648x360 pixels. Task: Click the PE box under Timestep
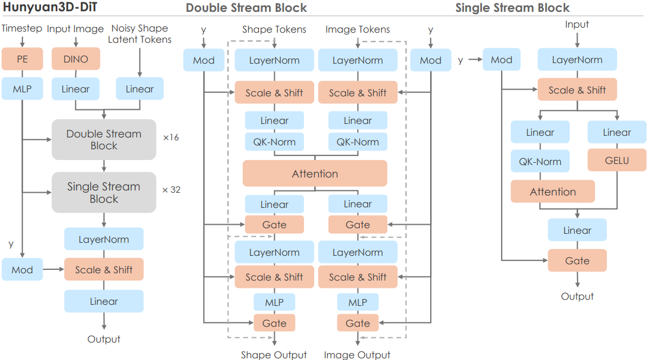click(x=23, y=59)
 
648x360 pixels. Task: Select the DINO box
click(x=75, y=59)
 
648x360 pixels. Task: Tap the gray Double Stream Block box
click(x=104, y=140)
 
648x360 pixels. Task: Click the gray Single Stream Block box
click(x=104, y=193)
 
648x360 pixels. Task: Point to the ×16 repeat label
click(x=171, y=137)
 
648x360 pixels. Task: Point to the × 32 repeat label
click(x=171, y=190)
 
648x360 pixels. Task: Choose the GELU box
click(x=616, y=161)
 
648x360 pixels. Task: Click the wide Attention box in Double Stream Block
click(x=315, y=174)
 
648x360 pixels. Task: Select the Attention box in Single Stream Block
click(x=552, y=192)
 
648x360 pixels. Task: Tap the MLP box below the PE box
click(x=23, y=88)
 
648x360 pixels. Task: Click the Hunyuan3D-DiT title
click(x=50, y=7)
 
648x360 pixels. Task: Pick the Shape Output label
click(x=274, y=354)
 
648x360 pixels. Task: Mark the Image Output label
click(x=357, y=354)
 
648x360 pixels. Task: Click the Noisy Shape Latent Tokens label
click(x=140, y=34)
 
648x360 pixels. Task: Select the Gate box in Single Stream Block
click(x=577, y=260)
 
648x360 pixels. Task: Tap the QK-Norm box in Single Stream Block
click(x=540, y=161)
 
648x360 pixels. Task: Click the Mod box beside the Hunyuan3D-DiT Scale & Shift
click(x=23, y=269)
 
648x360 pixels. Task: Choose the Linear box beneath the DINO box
click(x=75, y=89)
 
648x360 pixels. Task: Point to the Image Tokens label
click(x=357, y=29)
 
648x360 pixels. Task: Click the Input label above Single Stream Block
click(x=577, y=24)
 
